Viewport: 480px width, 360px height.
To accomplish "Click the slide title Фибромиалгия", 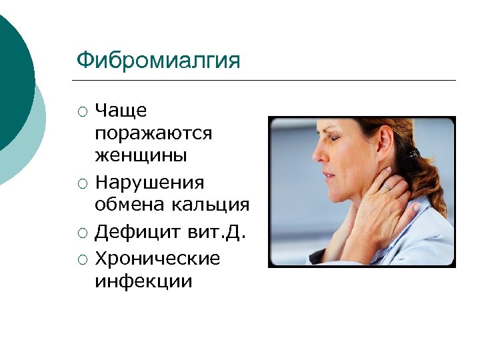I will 158,61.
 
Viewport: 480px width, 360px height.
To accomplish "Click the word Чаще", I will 121,110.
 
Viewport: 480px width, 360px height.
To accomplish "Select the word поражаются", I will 153,133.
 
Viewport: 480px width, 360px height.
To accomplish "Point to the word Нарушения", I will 149,182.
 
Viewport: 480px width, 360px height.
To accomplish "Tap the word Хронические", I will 157,257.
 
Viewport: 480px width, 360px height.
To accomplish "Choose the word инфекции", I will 143,281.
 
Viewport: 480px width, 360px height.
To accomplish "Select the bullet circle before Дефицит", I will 81,233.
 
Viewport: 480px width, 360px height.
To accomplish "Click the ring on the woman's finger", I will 385,188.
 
